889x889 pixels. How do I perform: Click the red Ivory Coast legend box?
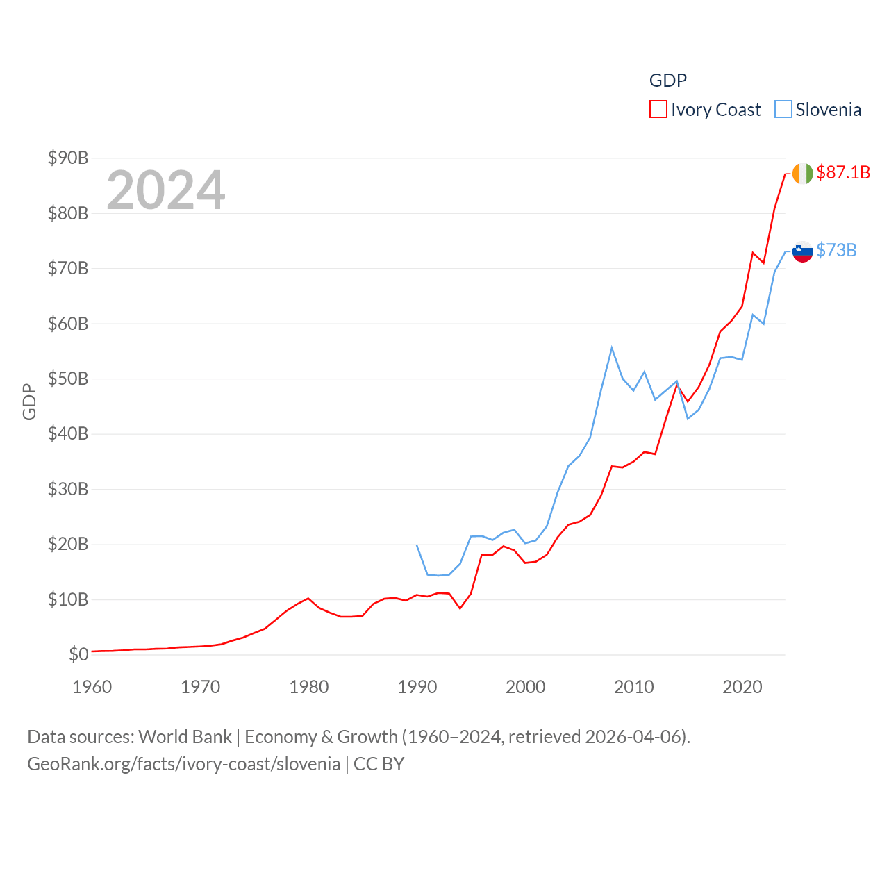tap(658, 110)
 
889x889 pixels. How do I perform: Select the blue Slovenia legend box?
tap(783, 110)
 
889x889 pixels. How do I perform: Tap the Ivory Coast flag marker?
tap(802, 174)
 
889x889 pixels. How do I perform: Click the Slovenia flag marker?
tap(802, 251)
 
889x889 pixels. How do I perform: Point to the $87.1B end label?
tap(843, 172)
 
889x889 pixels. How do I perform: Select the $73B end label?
tap(836, 250)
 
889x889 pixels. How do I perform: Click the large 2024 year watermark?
tap(165, 190)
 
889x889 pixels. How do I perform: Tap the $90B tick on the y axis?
tap(68, 158)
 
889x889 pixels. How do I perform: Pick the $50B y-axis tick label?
tap(68, 379)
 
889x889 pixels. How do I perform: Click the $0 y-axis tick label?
tap(78, 654)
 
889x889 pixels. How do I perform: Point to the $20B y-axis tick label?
tap(68, 544)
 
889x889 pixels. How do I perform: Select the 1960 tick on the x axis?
tap(92, 687)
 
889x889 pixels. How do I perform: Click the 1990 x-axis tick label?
tap(417, 687)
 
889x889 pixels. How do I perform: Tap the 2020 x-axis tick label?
tap(742, 687)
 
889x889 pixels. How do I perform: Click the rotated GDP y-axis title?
tap(29, 401)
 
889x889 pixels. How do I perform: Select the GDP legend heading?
tap(667, 81)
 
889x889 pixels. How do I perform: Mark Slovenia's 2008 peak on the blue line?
tap(612, 348)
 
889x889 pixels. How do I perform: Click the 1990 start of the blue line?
tap(417, 545)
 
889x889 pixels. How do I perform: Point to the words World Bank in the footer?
tap(185, 736)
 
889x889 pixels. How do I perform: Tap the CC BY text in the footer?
tap(379, 764)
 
